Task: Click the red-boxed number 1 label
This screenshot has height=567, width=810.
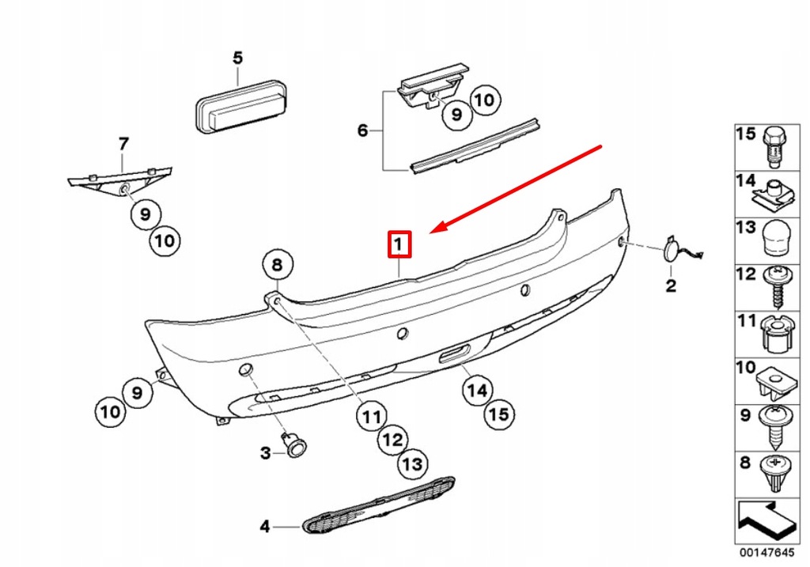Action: click(399, 244)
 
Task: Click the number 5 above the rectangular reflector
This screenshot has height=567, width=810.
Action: click(237, 58)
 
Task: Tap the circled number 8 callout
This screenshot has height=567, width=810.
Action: click(277, 265)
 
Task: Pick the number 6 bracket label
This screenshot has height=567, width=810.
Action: click(362, 130)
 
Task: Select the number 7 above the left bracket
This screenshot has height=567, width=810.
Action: click(123, 144)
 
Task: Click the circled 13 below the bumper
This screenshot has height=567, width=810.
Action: click(412, 463)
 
